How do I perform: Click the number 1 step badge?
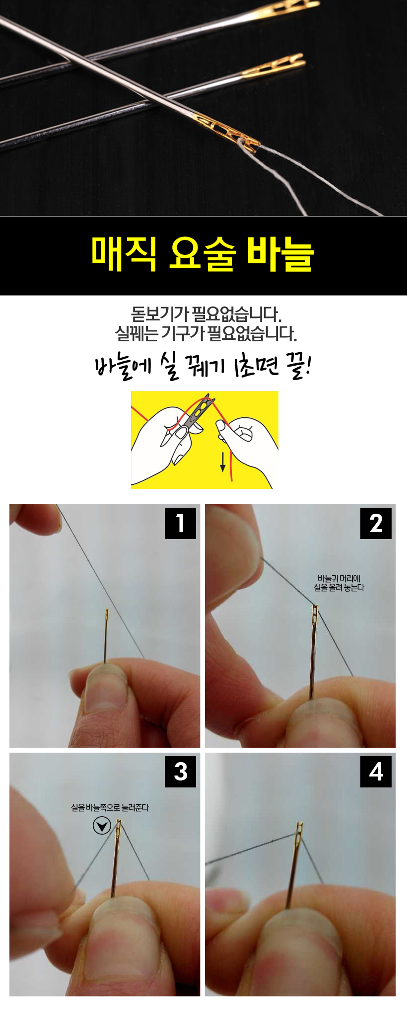(180, 523)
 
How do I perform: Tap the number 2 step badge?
(376, 523)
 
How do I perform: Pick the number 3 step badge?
(180, 771)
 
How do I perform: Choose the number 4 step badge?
(376, 771)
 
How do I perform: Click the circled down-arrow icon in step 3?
(102, 826)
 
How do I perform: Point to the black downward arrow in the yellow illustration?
(223, 462)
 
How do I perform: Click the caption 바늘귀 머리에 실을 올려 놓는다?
(339, 583)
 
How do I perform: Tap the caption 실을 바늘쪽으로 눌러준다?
(110, 808)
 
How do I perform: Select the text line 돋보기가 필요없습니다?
(205, 314)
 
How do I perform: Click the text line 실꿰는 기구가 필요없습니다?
(205, 333)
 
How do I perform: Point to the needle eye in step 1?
(106, 616)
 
